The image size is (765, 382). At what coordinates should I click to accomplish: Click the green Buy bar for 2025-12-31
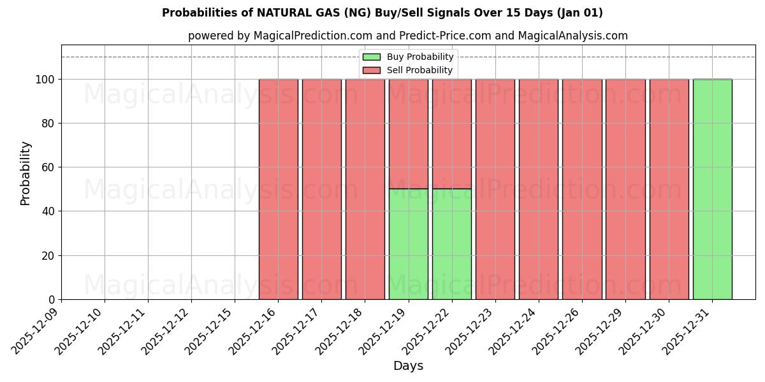click(x=712, y=189)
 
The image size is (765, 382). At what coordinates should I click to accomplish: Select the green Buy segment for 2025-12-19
click(x=408, y=244)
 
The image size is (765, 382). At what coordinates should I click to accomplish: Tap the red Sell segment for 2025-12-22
click(x=451, y=134)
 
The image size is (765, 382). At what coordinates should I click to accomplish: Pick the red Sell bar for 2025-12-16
click(x=278, y=189)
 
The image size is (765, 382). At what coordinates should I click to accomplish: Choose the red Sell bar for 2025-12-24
click(x=539, y=189)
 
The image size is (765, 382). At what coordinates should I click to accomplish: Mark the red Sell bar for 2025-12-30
click(x=669, y=189)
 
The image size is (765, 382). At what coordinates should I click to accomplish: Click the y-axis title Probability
click(x=25, y=173)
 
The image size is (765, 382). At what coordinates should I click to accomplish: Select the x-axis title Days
click(x=408, y=366)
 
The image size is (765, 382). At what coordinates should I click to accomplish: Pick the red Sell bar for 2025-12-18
click(x=365, y=189)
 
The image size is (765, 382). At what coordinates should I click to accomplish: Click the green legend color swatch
click(x=371, y=57)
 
